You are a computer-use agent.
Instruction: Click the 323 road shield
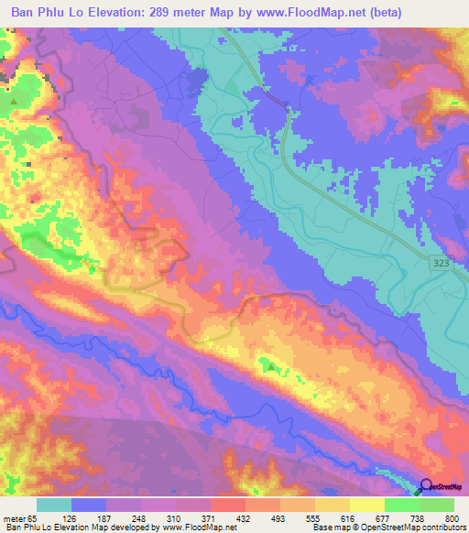pyautogui.click(x=441, y=264)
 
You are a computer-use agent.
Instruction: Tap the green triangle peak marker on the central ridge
pyautogui.click(x=271, y=366)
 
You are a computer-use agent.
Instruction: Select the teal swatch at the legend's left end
pyautogui.click(x=54, y=505)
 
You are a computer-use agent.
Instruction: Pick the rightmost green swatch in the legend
pyautogui.click(x=436, y=505)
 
